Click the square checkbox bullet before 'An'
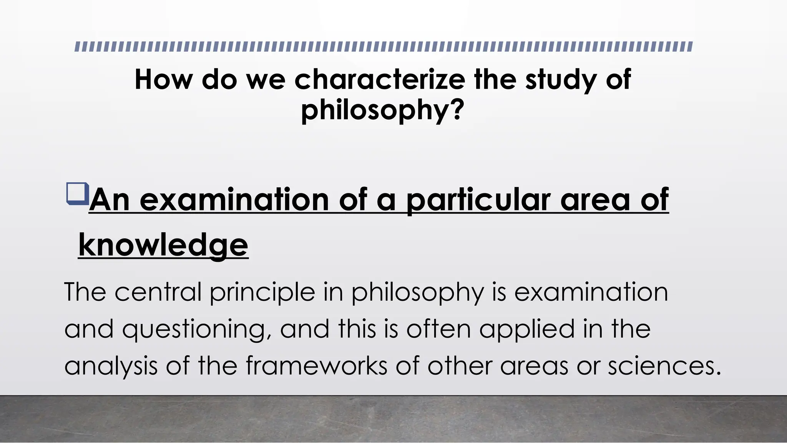click(x=77, y=194)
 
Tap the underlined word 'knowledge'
click(x=163, y=245)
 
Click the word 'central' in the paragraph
click(x=158, y=292)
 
